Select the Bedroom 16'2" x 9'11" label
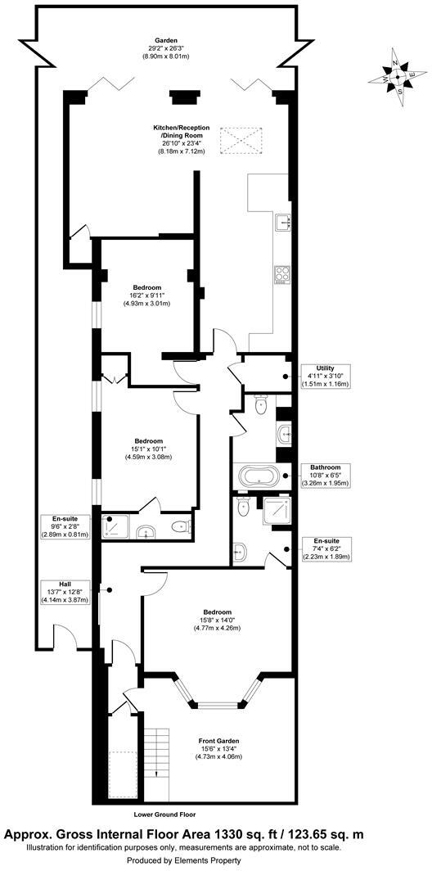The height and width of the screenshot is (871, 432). tap(147, 296)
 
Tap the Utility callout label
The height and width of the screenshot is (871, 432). tap(325, 376)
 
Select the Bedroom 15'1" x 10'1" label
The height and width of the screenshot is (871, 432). tap(149, 449)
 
